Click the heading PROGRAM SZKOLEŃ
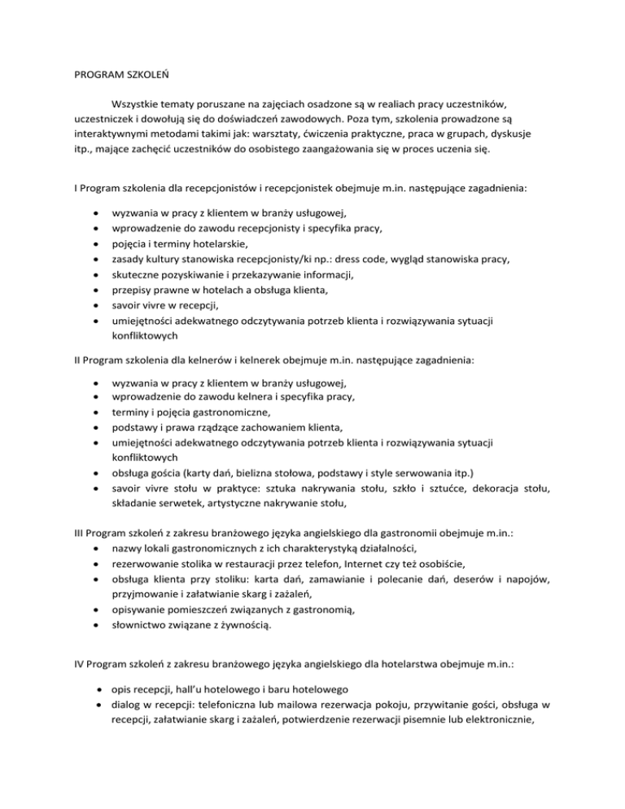(x=104, y=81)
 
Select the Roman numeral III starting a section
(x=71, y=532)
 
